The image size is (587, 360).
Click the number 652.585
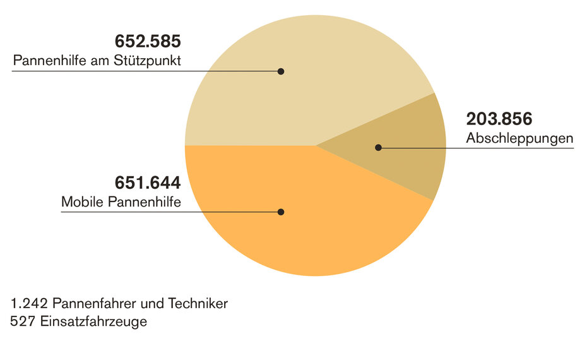point(148,42)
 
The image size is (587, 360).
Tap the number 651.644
point(148,183)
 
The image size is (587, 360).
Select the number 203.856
point(499,119)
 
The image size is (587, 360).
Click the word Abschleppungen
point(519,138)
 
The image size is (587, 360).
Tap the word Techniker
point(199,304)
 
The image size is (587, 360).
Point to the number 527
point(21,321)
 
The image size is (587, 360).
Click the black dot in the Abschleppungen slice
point(378,148)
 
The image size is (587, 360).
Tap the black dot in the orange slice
point(281,212)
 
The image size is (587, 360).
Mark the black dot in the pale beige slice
point(281,71)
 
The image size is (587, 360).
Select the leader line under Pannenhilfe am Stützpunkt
point(126,71)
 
